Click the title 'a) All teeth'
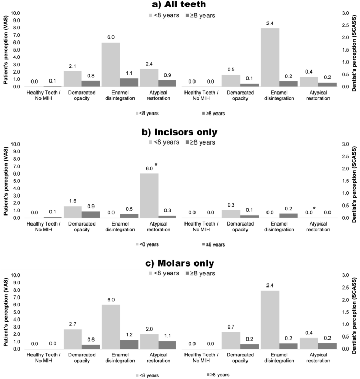(180, 5)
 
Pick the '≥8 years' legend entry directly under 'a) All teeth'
(198, 15)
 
